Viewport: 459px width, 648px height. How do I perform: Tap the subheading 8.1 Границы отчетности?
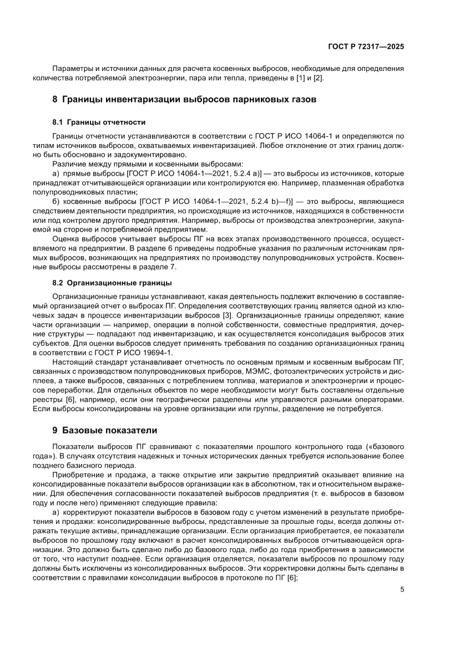pos(99,122)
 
